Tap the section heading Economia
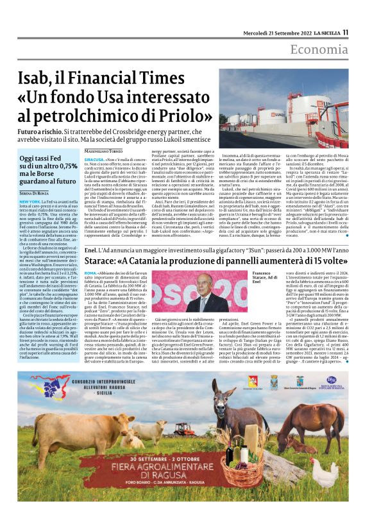pyautogui.click(x=318, y=49)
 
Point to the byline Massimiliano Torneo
pyautogui.click(x=104, y=151)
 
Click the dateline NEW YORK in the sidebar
pyautogui.click(x=30, y=201)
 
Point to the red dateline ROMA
pyautogui.click(x=91, y=273)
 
